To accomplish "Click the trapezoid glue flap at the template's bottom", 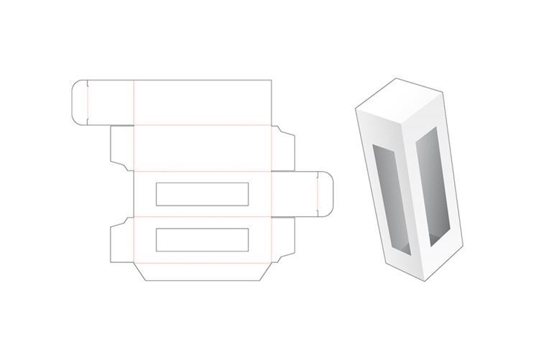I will (x=203, y=272).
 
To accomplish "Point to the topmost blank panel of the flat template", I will (x=203, y=102).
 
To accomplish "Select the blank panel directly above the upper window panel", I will (x=203, y=149).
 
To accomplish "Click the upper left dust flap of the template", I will (x=121, y=149).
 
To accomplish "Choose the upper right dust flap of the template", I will (x=283, y=149).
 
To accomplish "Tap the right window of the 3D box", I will (x=427, y=190).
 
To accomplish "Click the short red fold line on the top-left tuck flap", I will (x=86, y=102).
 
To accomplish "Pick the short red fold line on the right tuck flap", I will (x=316, y=195).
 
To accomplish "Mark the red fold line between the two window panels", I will (x=203, y=216).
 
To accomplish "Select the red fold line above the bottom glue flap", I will (x=203, y=261).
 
